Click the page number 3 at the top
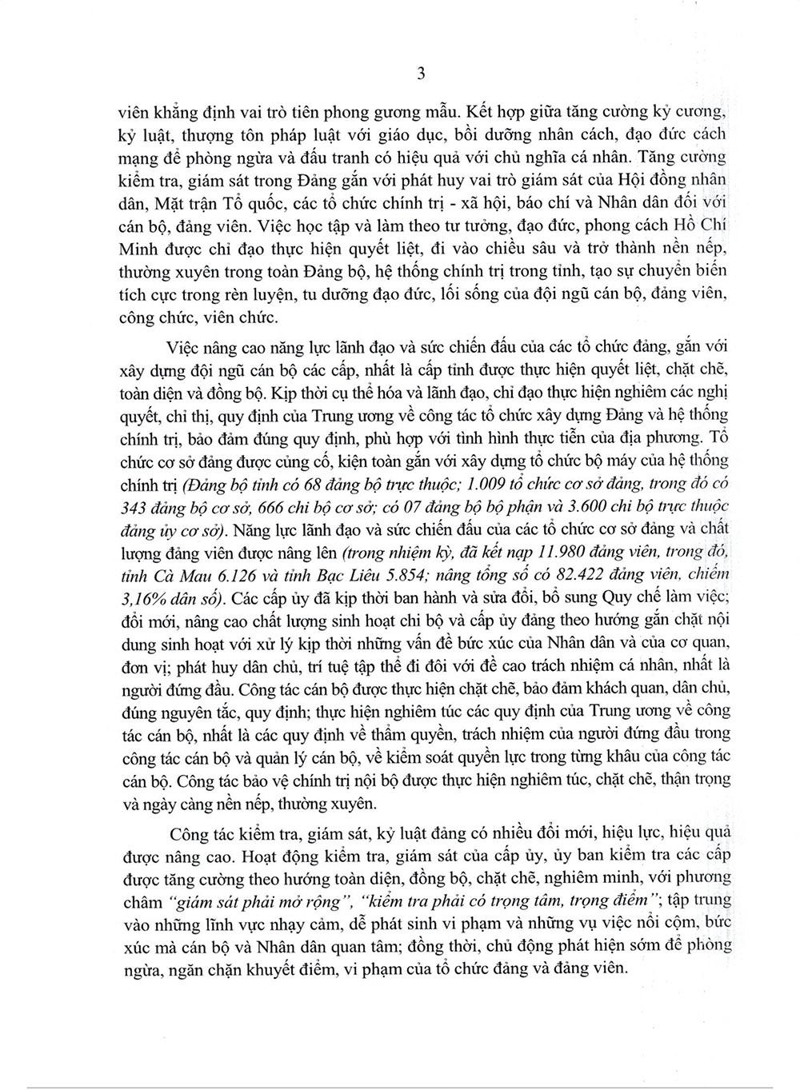tap(421, 74)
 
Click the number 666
tap(275, 503)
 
